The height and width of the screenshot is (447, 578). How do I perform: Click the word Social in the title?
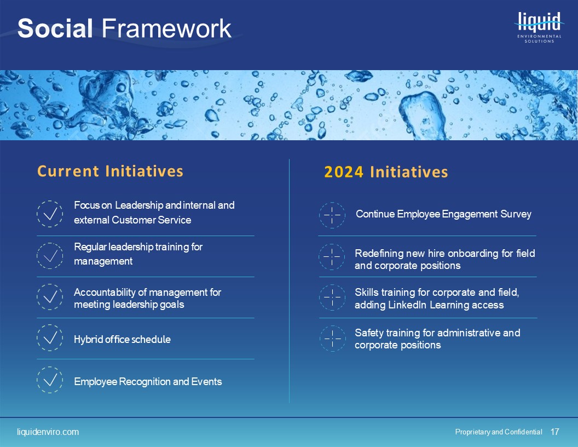(55, 28)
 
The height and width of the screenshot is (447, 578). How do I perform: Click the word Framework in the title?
(166, 28)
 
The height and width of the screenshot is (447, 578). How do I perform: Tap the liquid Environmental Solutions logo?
(539, 27)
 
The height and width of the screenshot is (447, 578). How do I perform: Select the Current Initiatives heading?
(110, 171)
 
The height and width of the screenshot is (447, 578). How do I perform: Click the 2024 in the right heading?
(344, 172)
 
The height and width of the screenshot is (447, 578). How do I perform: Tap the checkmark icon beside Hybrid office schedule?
(50, 338)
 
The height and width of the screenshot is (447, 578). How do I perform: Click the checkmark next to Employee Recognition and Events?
(50, 380)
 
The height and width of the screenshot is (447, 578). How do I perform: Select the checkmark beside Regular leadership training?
(50, 256)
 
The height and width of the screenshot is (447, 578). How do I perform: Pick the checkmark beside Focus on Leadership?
(50, 214)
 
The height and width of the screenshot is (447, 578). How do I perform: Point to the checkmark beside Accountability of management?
(50, 297)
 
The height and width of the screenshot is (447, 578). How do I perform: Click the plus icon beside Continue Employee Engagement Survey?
(332, 215)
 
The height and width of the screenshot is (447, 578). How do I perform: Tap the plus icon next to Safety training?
(332, 339)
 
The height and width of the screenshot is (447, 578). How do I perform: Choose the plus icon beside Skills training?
(332, 297)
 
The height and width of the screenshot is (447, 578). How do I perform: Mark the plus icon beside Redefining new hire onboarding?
(332, 256)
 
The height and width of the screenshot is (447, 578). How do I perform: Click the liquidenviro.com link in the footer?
(48, 432)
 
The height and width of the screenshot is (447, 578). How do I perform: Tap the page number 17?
(555, 432)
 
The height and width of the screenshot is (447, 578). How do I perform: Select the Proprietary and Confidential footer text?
(499, 432)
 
